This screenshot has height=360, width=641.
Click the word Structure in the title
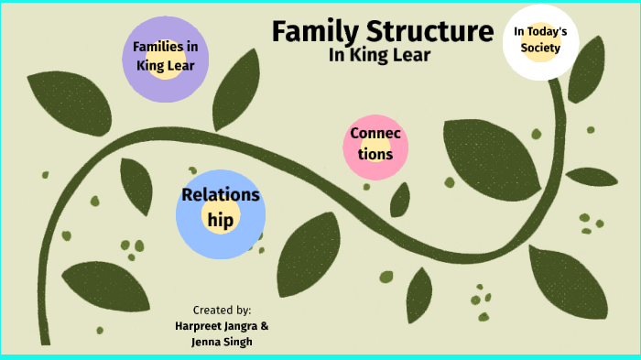click(429, 33)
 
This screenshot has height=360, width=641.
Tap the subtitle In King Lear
click(378, 56)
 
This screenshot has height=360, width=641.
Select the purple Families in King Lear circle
click(166, 56)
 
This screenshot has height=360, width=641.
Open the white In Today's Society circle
click(540, 40)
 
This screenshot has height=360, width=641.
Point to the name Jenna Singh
click(222, 342)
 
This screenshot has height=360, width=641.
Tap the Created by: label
click(222, 310)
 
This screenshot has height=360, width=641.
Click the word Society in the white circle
click(540, 49)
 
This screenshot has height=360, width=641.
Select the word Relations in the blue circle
click(221, 195)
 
